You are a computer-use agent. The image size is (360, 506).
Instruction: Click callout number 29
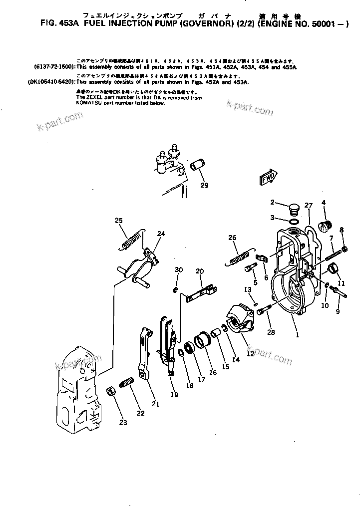pos(204,186)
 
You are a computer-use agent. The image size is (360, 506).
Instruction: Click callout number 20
pos(200,271)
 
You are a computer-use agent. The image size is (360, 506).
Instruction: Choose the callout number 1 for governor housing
pos(297,335)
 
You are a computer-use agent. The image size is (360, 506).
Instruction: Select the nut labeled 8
pos(344,250)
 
